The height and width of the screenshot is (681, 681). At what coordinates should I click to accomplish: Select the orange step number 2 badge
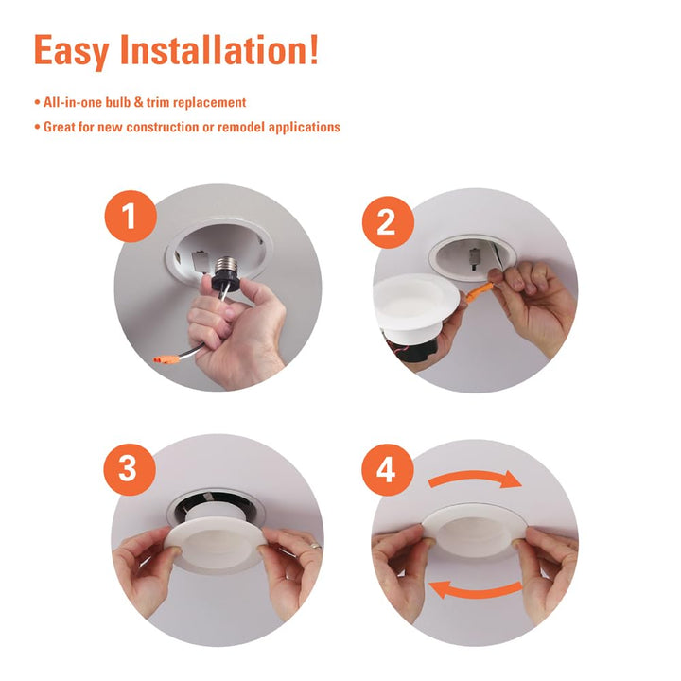click(387, 224)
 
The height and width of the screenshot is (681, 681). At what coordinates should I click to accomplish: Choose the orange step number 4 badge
click(387, 470)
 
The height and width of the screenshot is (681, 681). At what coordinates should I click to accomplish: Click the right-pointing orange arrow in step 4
click(475, 480)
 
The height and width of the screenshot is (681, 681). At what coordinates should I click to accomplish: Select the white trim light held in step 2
click(416, 303)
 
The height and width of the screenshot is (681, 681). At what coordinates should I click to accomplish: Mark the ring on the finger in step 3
click(316, 545)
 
